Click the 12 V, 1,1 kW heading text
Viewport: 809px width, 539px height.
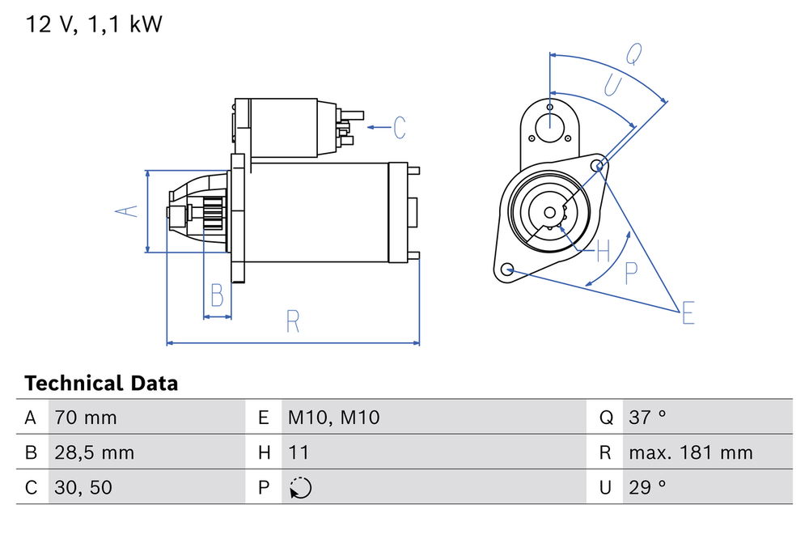click(x=94, y=24)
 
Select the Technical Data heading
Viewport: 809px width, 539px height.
click(x=101, y=383)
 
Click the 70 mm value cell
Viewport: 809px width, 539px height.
click(x=86, y=418)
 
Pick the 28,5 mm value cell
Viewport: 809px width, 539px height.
click(x=94, y=452)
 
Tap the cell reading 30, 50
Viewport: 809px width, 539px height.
click(x=83, y=488)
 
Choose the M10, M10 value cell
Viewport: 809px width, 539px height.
click(x=333, y=418)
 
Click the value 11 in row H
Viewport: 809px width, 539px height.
click(x=299, y=452)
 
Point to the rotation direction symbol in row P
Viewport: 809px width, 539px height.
click(x=299, y=488)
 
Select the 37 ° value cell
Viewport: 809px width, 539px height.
click(x=647, y=418)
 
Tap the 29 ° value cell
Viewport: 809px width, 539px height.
click(x=647, y=488)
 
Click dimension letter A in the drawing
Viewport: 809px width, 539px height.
click(x=125, y=211)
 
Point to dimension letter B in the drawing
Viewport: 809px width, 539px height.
click(x=216, y=295)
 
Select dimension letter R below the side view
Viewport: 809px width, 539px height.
click(x=293, y=321)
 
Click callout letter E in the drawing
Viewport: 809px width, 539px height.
click(x=688, y=312)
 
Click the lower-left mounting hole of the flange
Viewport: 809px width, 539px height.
click(x=507, y=269)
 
